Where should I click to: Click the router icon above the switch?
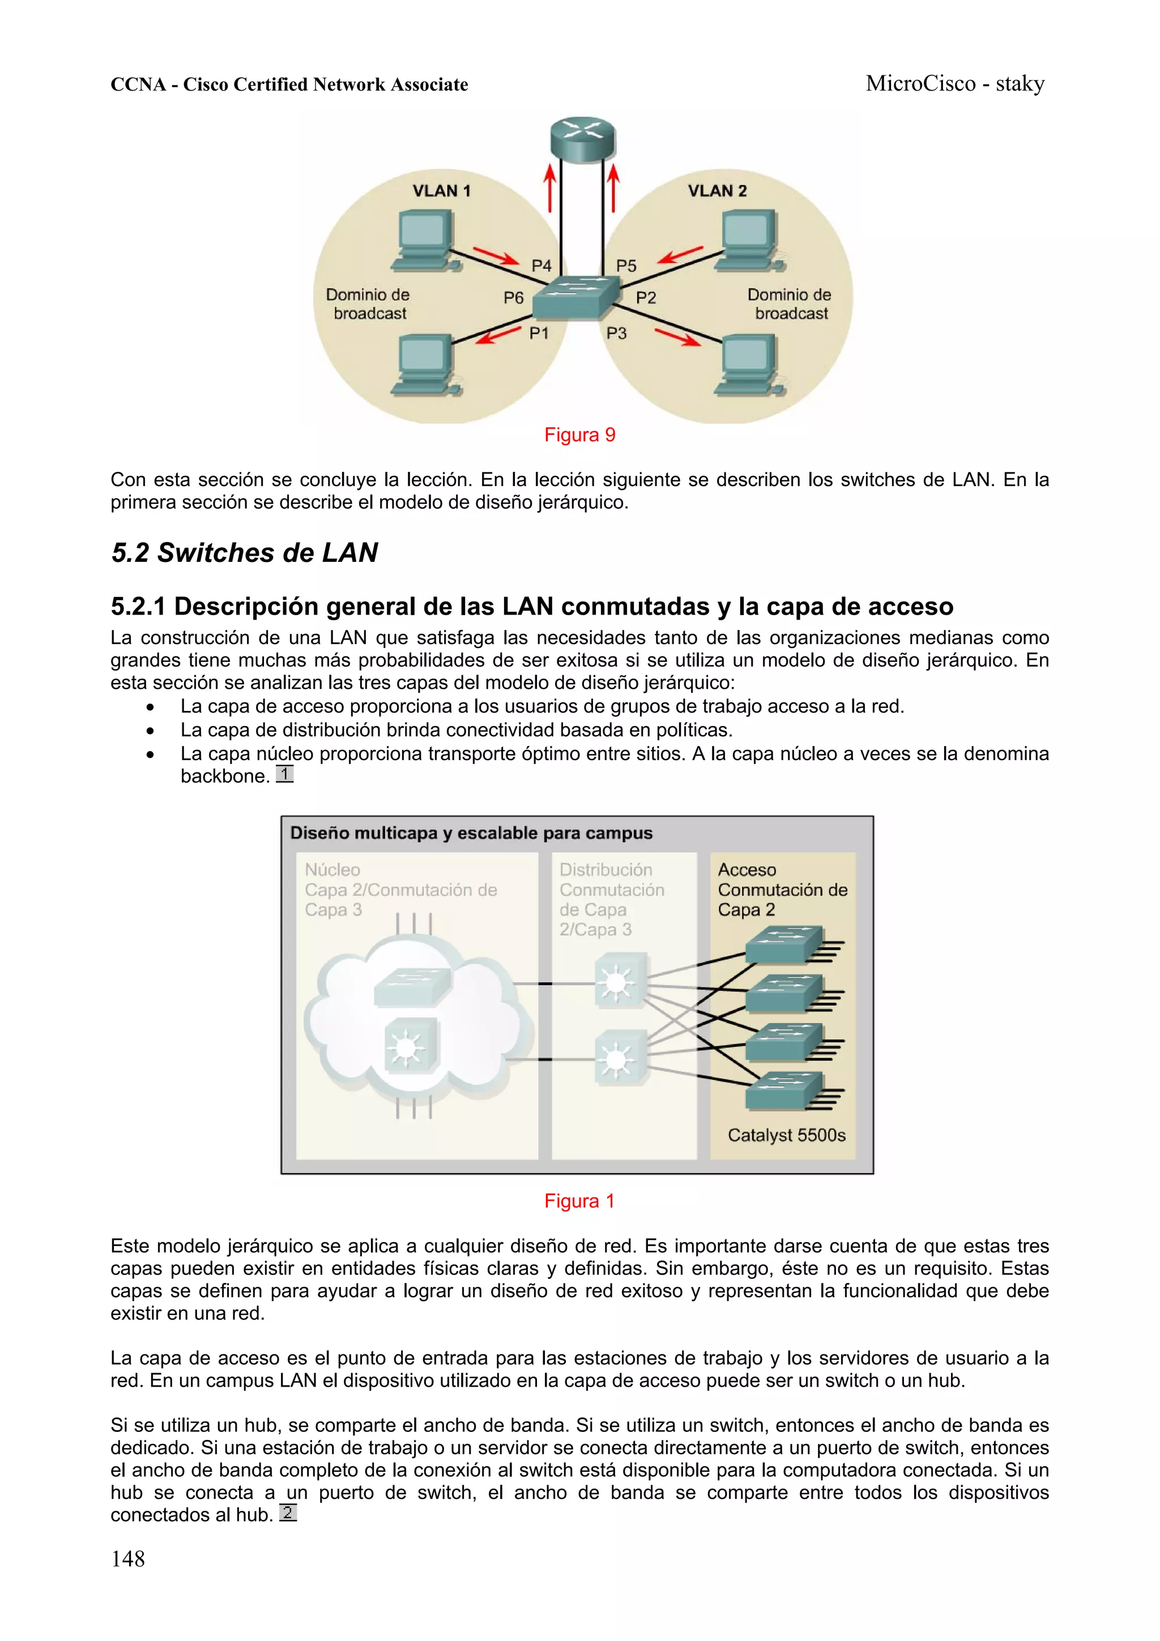click(x=582, y=139)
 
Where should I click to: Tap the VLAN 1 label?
click(x=441, y=191)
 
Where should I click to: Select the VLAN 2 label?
click(x=717, y=191)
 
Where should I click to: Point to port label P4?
click(x=541, y=266)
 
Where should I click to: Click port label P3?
click(x=616, y=333)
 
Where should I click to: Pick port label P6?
click(x=513, y=298)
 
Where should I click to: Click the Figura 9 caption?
click(x=579, y=434)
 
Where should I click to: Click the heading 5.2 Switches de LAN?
click(x=245, y=552)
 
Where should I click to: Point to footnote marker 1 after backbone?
click(x=284, y=774)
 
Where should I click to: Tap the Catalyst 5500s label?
click(x=786, y=1135)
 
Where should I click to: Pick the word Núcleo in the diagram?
click(x=332, y=870)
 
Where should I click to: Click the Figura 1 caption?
click(x=579, y=1201)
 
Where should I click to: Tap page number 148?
click(x=128, y=1559)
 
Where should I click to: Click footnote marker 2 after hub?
click(x=287, y=1512)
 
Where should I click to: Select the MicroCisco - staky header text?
click(x=954, y=84)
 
